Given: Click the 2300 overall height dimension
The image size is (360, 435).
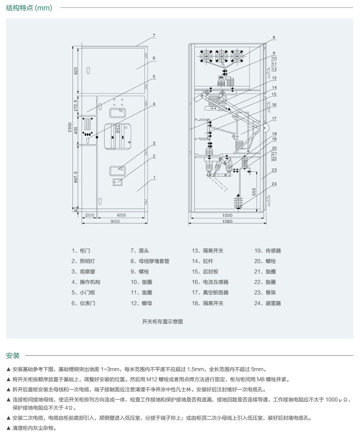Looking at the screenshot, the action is [x=70, y=127].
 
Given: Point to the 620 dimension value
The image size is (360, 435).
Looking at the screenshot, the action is [x=76, y=71].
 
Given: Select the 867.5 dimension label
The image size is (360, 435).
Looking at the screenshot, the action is [x=76, y=177].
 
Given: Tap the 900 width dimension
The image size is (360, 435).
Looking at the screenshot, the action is [x=115, y=221].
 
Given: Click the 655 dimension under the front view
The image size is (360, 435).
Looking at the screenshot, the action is [x=121, y=215].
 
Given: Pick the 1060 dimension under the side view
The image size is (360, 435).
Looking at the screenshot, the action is [x=227, y=221].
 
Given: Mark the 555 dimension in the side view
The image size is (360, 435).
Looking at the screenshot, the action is [x=254, y=192].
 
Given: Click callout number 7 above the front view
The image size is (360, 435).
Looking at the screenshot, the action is [x=154, y=36].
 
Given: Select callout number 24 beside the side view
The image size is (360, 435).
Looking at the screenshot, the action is [x=274, y=184].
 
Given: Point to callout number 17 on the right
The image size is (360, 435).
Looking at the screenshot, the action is [x=274, y=118].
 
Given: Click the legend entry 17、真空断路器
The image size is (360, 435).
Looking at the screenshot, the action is [x=210, y=293].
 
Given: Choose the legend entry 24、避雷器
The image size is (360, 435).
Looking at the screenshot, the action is [x=268, y=303].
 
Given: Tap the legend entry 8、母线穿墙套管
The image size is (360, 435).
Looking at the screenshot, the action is [x=150, y=261].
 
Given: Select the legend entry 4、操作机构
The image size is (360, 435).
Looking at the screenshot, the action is [x=86, y=282].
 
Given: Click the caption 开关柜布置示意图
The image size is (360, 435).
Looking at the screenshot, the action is [x=163, y=321].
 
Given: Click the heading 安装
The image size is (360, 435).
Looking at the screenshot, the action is [x=13, y=356].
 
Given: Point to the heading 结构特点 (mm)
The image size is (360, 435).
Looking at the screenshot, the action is [x=29, y=8].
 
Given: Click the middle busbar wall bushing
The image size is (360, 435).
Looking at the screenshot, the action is [x=222, y=56].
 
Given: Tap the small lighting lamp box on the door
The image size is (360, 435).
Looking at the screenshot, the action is [x=118, y=182].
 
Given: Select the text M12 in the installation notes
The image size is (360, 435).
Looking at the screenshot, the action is [x=151, y=379].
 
